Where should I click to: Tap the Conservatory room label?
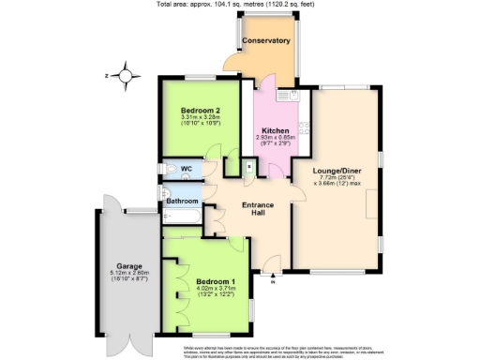pyautogui.click(x=265, y=41)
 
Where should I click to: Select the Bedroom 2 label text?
pyautogui.click(x=199, y=110)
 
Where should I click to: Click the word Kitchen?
pyautogui.click(x=275, y=130)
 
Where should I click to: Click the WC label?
pyautogui.click(x=186, y=170)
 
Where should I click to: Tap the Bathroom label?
pyautogui.click(x=183, y=201)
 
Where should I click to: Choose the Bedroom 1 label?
pyautogui.click(x=216, y=281)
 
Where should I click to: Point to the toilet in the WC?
pyautogui.click(x=167, y=170)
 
